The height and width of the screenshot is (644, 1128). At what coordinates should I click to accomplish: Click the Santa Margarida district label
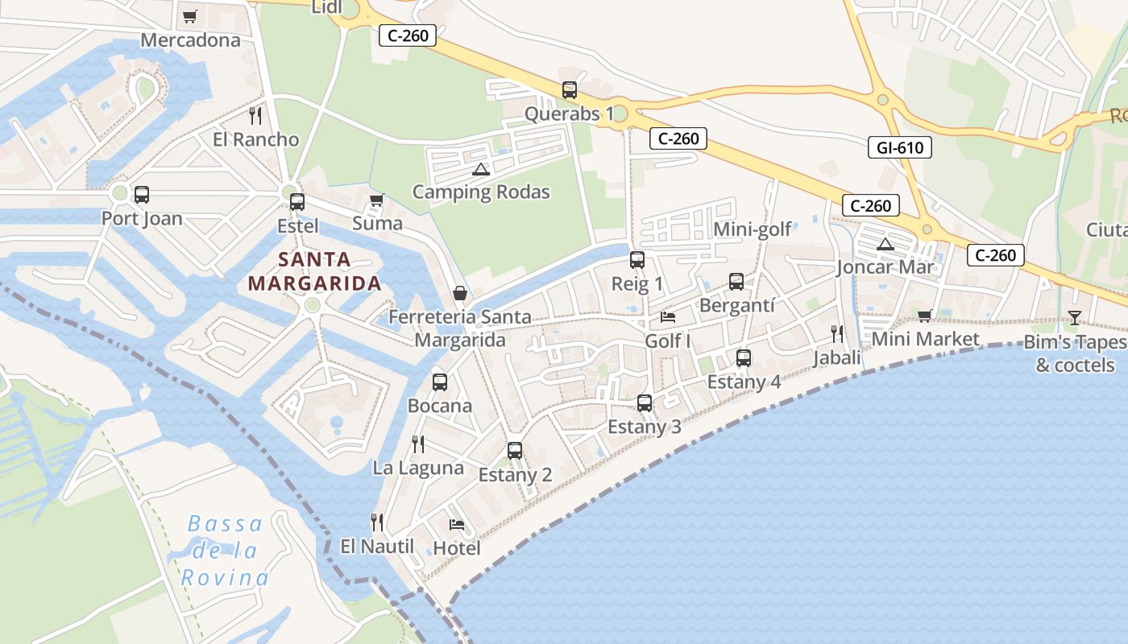point(314,271)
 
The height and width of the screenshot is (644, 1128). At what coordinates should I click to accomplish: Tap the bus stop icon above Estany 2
point(515,451)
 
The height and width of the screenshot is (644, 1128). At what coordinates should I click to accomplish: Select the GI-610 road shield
point(900,147)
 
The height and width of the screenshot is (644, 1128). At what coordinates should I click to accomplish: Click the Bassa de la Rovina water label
point(225,551)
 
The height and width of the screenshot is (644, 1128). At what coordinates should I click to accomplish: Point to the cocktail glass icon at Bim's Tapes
point(1074,318)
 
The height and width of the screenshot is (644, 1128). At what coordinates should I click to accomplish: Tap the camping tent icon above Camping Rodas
point(481,169)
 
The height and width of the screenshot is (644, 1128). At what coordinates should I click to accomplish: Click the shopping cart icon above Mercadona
point(190,16)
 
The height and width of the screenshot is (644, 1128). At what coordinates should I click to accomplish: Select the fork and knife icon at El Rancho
point(255,116)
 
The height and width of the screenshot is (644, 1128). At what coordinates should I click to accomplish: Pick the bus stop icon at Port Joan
point(142,195)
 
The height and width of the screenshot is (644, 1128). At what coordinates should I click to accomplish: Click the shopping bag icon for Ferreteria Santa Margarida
point(460,293)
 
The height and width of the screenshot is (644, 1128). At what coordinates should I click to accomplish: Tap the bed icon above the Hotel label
point(457,525)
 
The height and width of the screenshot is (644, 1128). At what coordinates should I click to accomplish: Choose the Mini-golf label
point(753,229)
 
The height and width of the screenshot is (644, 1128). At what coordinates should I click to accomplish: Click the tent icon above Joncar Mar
point(885,244)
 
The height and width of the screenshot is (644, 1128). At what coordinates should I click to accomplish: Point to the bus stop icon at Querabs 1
point(570,90)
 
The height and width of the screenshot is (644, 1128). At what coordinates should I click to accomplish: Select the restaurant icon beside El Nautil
point(376,522)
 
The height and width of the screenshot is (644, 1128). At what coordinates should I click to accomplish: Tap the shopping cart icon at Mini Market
point(924,316)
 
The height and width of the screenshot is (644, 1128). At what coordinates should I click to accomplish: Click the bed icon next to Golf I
point(668,316)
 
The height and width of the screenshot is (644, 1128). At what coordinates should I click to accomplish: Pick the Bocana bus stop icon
point(439,382)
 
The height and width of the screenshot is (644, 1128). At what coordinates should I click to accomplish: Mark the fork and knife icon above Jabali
point(837,333)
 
